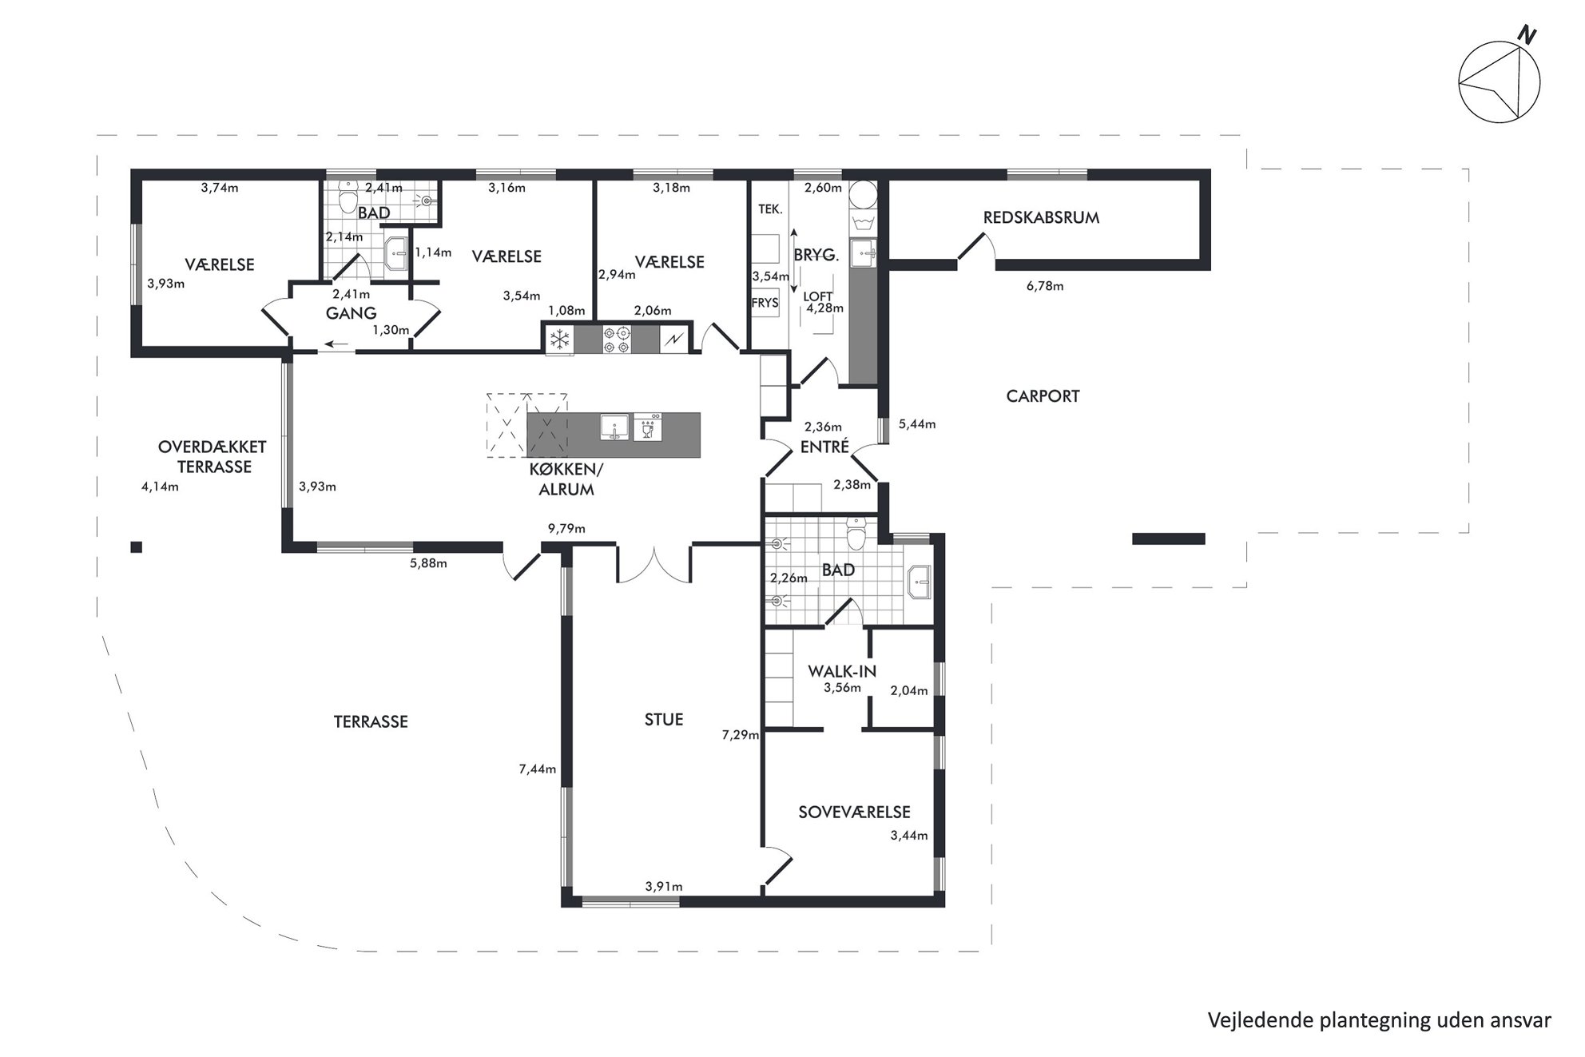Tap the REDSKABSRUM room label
1041,217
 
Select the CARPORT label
1043,396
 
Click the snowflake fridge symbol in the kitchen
559,340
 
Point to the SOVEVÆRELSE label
854,812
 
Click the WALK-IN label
842,671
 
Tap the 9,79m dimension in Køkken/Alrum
566,528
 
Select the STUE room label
664,719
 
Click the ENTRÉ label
824,447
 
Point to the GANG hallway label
351,314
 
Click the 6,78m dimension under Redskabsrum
1045,285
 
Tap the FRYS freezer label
765,303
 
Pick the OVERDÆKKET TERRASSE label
213,457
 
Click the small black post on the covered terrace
137,547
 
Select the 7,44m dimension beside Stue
537,769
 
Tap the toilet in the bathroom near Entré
856,533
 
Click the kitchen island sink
614,427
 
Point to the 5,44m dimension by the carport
916,424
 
